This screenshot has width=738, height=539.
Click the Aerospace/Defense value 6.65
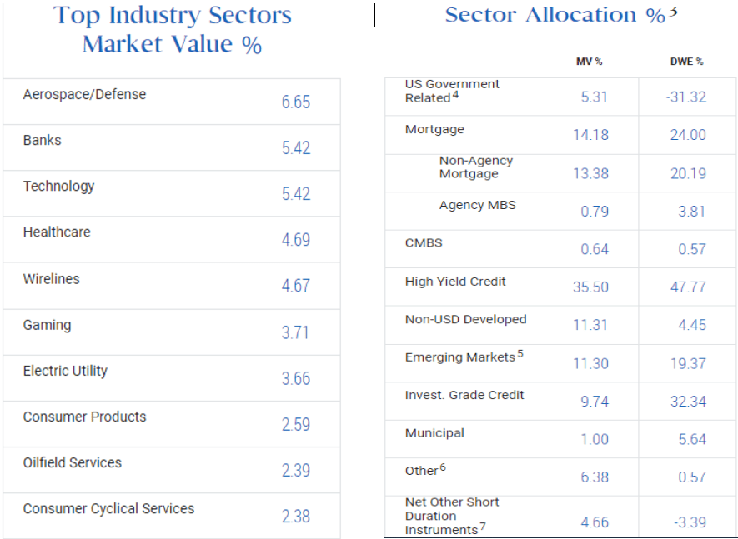(x=295, y=102)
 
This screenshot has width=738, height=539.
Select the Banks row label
(x=43, y=141)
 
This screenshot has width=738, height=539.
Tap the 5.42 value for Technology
(x=295, y=194)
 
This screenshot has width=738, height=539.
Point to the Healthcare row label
(x=57, y=232)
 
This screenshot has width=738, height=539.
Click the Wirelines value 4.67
(x=295, y=286)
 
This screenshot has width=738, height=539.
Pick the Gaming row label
(x=47, y=325)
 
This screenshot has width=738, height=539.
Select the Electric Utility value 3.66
(x=295, y=378)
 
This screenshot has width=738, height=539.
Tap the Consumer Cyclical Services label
(x=108, y=508)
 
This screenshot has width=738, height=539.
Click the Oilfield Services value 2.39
(x=295, y=471)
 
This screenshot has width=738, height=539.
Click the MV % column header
(x=589, y=62)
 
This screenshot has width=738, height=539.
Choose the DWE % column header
(x=687, y=62)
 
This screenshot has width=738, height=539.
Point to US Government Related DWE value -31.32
(x=685, y=97)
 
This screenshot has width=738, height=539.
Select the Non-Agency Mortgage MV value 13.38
(x=590, y=173)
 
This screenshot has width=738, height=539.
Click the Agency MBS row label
(x=477, y=205)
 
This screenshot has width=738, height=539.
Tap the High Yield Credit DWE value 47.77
(x=687, y=287)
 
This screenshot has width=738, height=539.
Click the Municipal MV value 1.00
(x=594, y=439)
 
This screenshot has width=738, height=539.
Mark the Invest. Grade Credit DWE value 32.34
(x=687, y=402)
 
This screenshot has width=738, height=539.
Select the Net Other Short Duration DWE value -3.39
(x=687, y=522)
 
